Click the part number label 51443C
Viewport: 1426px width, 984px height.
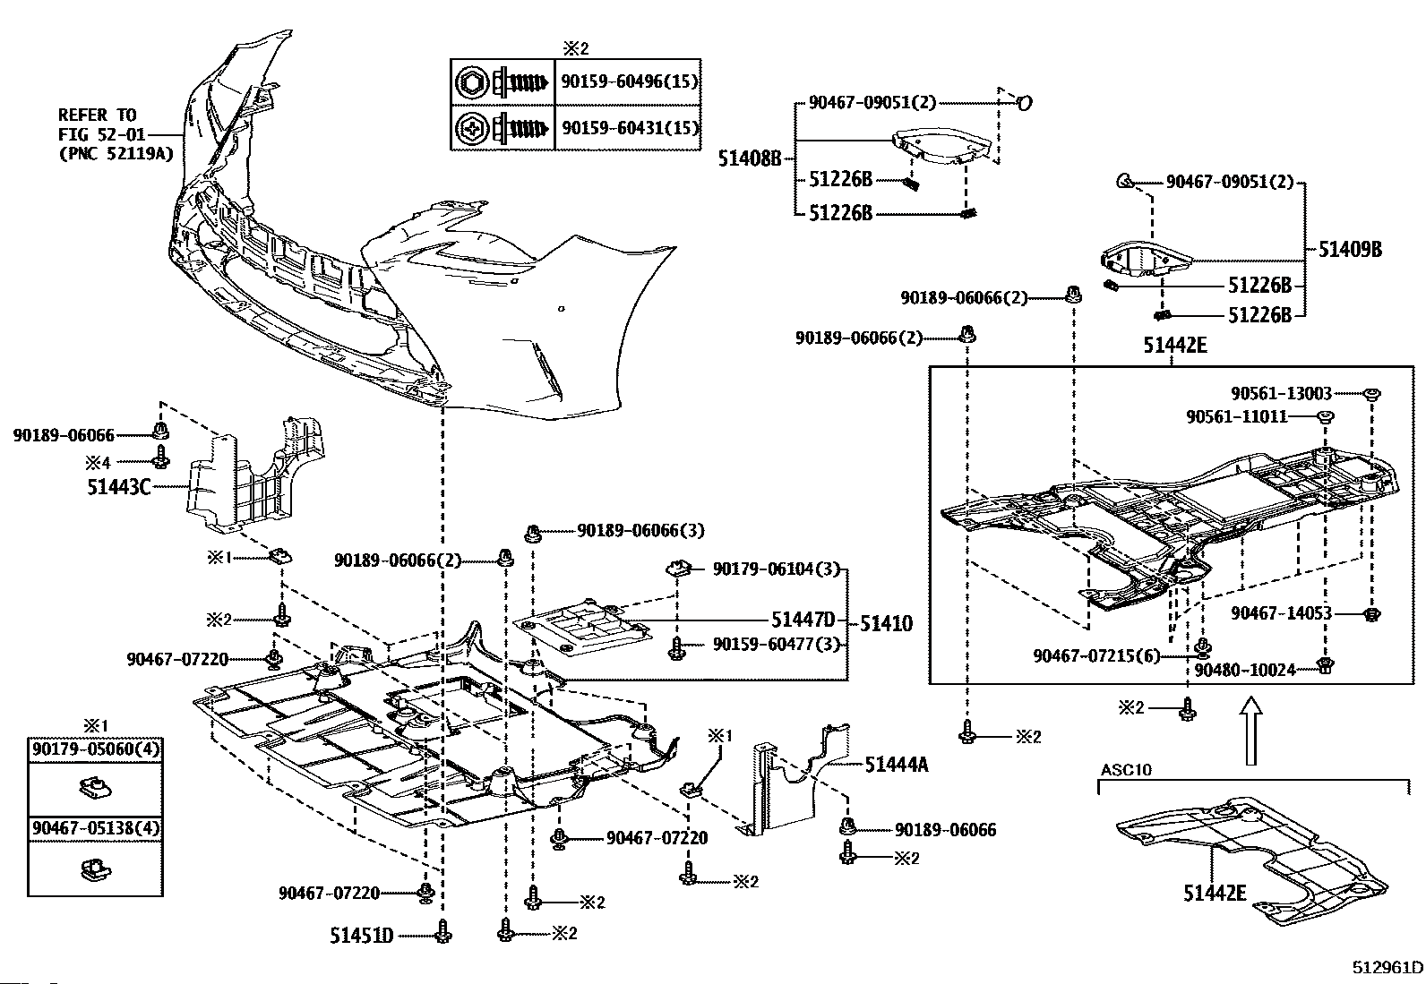coord(118,488)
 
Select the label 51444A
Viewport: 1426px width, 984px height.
coord(897,764)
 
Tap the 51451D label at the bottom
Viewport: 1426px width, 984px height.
coord(362,937)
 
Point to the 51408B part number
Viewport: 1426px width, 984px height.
coord(750,159)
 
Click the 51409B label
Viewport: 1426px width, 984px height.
coord(1350,249)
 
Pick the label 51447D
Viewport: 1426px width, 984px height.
coord(803,620)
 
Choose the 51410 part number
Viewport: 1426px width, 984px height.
coord(886,623)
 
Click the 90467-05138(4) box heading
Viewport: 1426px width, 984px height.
coord(96,828)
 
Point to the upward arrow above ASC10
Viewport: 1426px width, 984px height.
coord(1251,731)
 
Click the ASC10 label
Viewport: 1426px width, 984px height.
coord(1126,770)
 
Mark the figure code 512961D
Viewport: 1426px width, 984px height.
coord(1387,967)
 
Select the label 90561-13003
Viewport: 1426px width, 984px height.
coord(1281,393)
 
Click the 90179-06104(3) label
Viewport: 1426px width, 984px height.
coord(777,569)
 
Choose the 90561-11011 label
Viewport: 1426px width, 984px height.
coord(1237,416)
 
